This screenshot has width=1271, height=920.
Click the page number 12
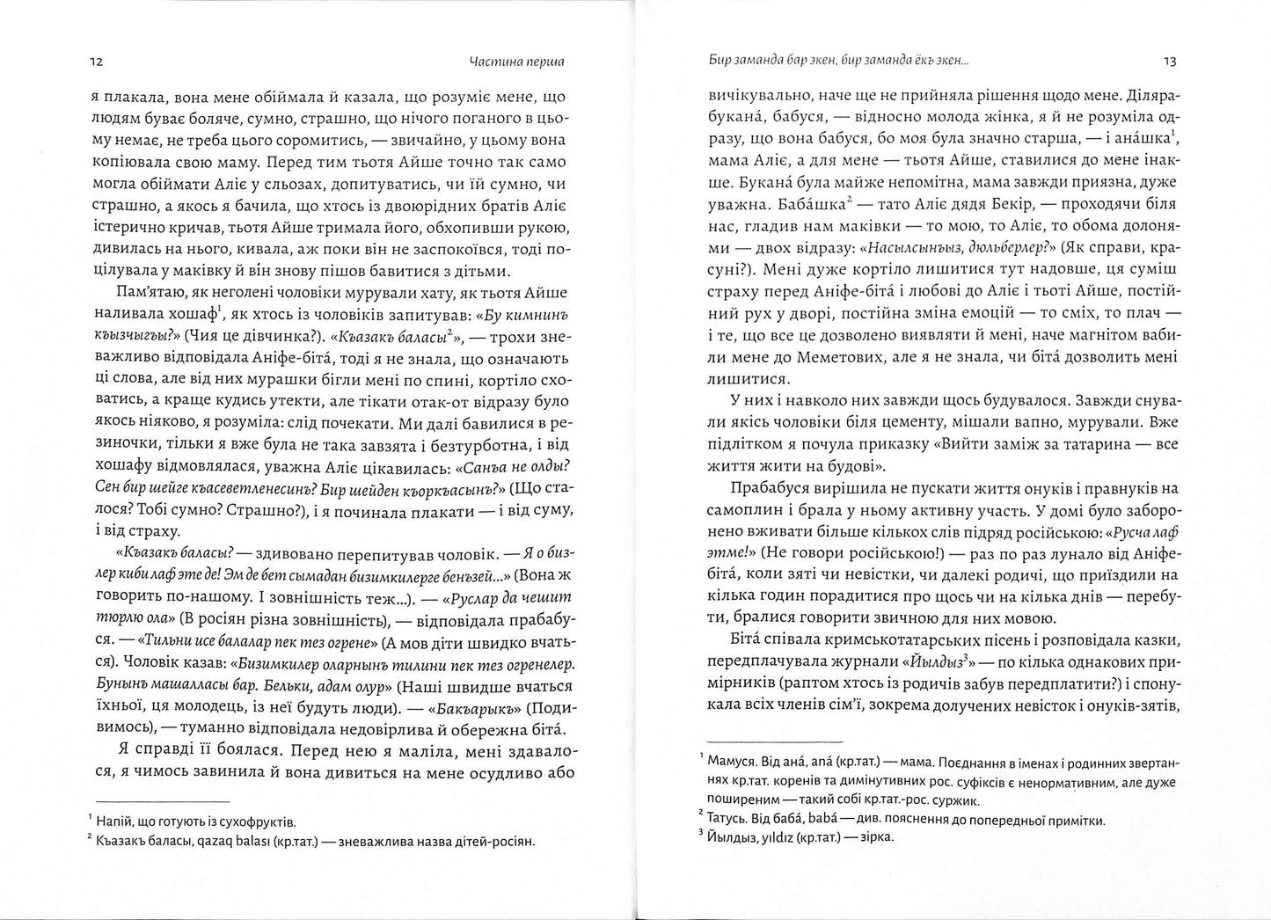coord(98,62)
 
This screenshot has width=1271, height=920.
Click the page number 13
coord(1170,62)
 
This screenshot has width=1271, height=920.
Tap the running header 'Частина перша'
coord(517,62)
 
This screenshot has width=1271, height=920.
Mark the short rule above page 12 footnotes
coord(161,801)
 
